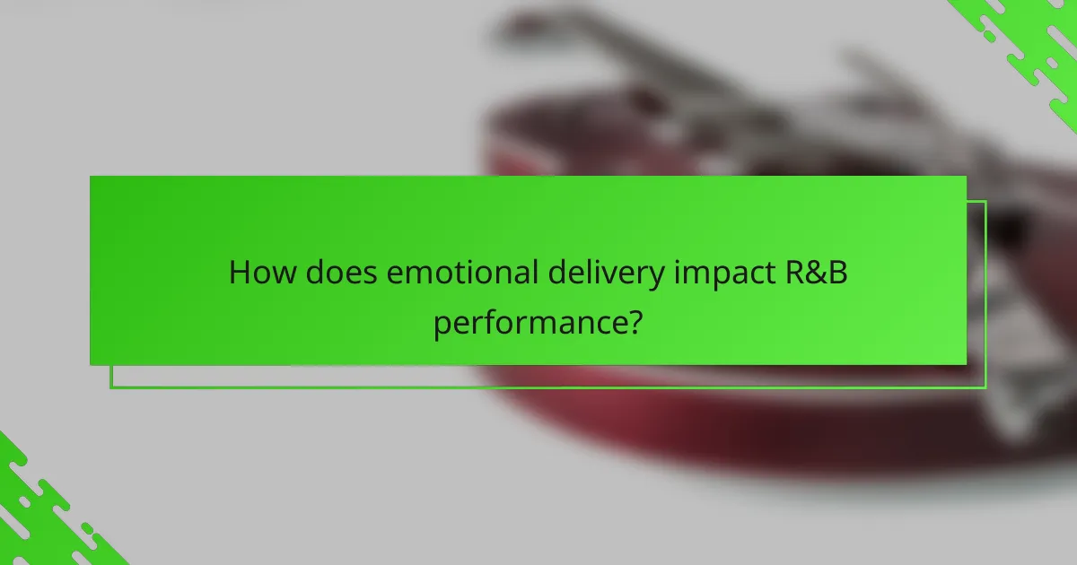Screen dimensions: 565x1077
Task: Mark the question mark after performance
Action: point(634,320)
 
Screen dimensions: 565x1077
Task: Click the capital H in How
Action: point(240,273)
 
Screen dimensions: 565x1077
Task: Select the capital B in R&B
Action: point(839,273)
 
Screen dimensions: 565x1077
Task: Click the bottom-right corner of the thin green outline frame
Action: point(985,387)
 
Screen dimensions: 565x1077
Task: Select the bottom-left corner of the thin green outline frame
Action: point(111,387)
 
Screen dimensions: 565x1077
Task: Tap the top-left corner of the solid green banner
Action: point(91,177)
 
